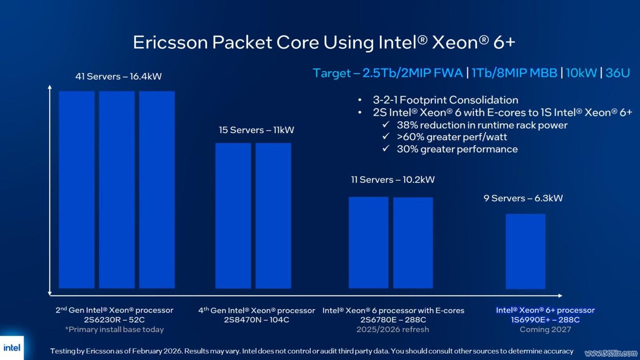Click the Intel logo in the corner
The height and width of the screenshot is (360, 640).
click(x=12, y=348)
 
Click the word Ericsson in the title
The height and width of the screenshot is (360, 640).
click(x=170, y=43)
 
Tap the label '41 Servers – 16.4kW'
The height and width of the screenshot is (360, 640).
click(x=119, y=76)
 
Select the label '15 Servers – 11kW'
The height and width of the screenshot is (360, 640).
click(x=256, y=130)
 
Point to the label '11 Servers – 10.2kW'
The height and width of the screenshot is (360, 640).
click(x=392, y=180)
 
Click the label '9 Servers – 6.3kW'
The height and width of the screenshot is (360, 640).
click(x=523, y=198)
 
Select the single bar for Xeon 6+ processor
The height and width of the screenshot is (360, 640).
click(x=525, y=251)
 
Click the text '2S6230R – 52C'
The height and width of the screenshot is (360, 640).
click(x=114, y=320)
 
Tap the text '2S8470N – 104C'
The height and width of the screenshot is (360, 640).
click(x=256, y=320)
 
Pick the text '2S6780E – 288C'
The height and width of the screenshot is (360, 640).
click(x=393, y=320)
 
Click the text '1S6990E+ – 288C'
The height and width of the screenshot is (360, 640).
click(x=545, y=320)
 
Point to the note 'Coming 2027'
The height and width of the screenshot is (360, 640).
click(x=545, y=329)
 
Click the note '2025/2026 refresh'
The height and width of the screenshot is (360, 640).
click(x=392, y=329)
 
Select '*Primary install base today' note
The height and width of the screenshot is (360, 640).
click(x=114, y=329)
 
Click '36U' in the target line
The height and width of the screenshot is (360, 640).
click(x=618, y=73)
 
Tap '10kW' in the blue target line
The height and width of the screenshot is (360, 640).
click(x=581, y=73)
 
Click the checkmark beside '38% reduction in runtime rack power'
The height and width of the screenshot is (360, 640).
click(x=386, y=124)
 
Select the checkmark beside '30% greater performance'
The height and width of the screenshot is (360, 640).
click(x=386, y=148)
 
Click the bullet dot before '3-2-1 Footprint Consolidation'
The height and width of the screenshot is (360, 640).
click(x=360, y=100)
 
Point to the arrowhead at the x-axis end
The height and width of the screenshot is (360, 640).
click(x=560, y=296)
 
